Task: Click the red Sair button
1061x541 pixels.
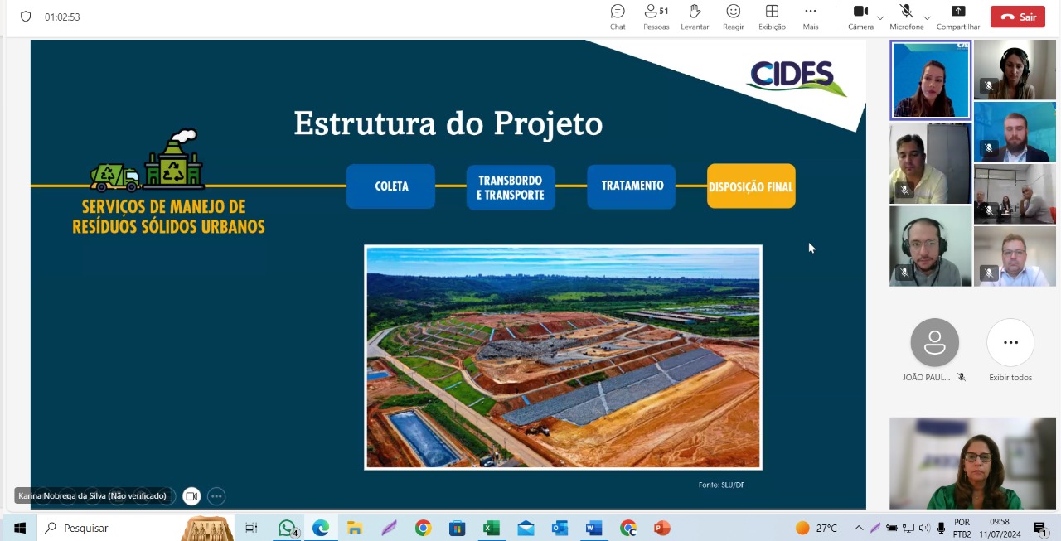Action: [1017, 17]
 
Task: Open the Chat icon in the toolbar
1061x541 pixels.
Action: [618, 12]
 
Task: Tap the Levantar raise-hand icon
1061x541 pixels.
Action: [695, 12]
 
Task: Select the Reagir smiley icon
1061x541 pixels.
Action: [734, 12]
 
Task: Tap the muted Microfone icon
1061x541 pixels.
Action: [906, 12]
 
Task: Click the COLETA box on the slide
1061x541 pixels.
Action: [390, 186]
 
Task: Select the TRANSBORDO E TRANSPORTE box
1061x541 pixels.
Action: [511, 187]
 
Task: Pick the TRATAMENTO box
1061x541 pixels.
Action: [632, 186]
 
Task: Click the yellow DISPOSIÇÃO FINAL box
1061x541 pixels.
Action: [751, 186]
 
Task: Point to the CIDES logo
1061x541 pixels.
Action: [796, 77]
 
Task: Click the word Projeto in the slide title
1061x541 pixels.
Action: [548, 124]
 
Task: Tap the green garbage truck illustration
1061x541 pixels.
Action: [115, 177]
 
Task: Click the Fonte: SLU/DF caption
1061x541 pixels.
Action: [721, 485]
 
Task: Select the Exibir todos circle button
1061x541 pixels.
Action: [1010, 342]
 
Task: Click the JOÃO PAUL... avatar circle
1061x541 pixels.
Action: [934, 342]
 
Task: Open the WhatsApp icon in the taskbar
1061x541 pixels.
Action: [287, 528]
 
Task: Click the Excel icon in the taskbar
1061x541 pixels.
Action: [492, 528]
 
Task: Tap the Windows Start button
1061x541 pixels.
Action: [20, 528]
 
